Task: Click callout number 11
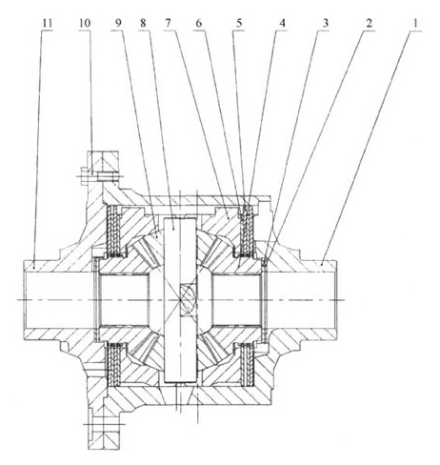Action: pyautogui.click(x=48, y=23)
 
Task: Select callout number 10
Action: pyautogui.click(x=85, y=23)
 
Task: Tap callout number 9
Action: pyautogui.click(x=118, y=23)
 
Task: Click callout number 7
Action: pyautogui.click(x=168, y=23)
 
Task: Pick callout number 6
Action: pyautogui.click(x=199, y=23)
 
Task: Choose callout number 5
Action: pyautogui.click(x=239, y=23)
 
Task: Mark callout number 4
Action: pyautogui.click(x=282, y=23)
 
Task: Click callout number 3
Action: pyautogui.click(x=326, y=23)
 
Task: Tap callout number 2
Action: pyautogui.click(x=369, y=23)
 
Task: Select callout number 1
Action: pyautogui.click(x=415, y=23)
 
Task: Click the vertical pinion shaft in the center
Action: pyautogui.click(x=180, y=299)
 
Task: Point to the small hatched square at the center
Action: pyautogui.click(x=188, y=299)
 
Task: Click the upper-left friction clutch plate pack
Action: pyautogui.click(x=113, y=231)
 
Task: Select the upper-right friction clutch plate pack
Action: pyautogui.click(x=247, y=231)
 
